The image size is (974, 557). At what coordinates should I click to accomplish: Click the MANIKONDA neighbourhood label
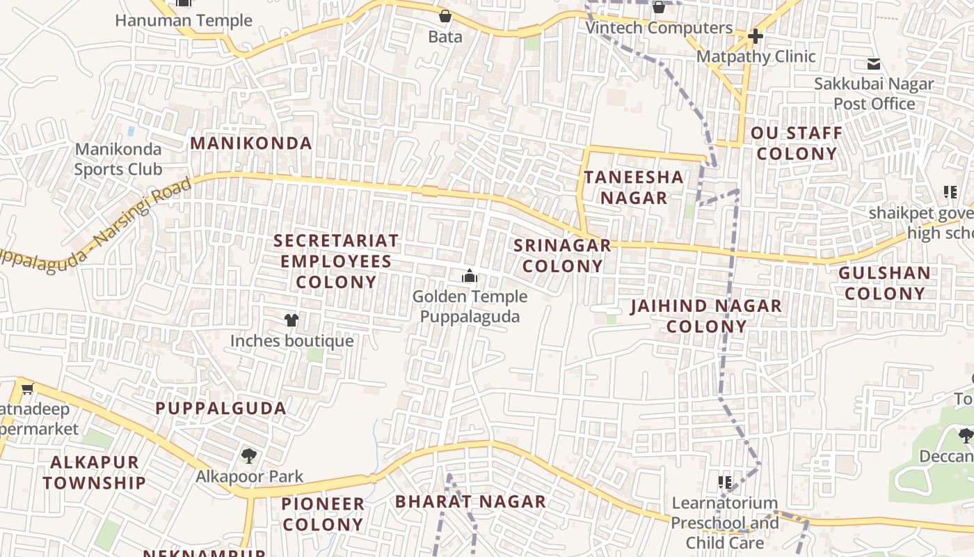(251, 143)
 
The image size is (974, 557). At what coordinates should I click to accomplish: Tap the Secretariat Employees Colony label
(336, 261)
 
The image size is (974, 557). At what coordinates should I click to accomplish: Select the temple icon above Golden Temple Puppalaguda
(470, 276)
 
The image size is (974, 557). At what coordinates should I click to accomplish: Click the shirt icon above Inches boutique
(292, 320)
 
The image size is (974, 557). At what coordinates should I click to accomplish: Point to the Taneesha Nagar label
(634, 187)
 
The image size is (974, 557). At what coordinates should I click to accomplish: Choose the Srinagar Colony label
(562, 256)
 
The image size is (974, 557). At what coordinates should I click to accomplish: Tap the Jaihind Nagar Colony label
(706, 316)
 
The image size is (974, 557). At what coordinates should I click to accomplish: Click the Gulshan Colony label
(884, 283)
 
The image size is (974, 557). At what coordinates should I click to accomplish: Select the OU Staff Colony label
(797, 143)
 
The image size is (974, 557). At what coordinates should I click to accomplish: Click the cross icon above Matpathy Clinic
(756, 36)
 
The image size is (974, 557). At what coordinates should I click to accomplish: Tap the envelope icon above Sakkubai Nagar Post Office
(874, 65)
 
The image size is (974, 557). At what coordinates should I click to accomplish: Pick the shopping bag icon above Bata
(445, 16)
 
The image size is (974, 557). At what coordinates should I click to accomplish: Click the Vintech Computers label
(659, 28)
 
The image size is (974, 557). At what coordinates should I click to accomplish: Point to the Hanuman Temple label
(184, 20)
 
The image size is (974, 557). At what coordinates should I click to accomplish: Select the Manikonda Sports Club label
(118, 159)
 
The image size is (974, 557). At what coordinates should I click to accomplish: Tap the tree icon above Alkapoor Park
(248, 457)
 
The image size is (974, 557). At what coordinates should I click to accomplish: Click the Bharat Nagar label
(470, 501)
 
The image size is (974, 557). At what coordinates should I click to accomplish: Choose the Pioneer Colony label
(323, 514)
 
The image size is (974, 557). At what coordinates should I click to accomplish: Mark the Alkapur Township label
(95, 472)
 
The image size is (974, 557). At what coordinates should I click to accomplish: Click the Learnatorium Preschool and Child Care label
(725, 522)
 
